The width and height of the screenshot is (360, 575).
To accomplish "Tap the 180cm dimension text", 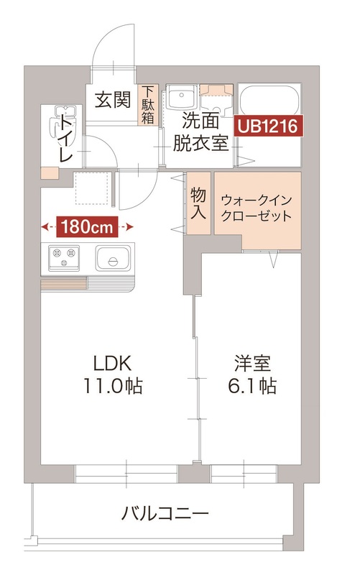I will [88, 227].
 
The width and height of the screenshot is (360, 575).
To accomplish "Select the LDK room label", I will [113, 362].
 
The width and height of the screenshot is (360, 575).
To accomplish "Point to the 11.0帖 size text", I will [113, 386].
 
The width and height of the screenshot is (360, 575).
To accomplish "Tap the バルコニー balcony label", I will [165, 514].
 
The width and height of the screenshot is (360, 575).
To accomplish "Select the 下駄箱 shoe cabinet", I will [147, 106].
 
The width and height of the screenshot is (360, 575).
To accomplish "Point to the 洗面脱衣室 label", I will [200, 131].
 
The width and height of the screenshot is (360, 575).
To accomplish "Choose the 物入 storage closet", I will [199, 204].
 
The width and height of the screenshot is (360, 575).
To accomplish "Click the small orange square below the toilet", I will [49, 173].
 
